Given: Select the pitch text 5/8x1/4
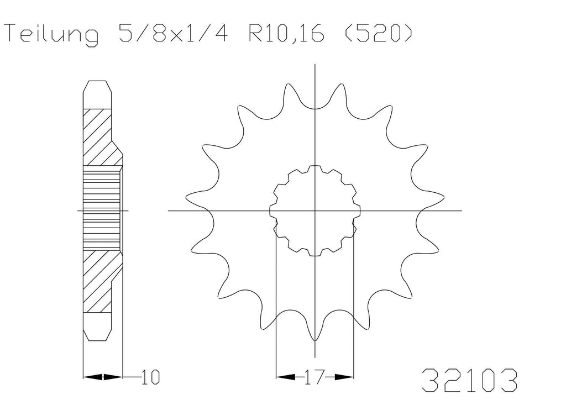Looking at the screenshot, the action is pos(173,33).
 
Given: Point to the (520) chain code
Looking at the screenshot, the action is pos(378,33).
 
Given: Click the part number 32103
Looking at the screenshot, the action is pos(469,381).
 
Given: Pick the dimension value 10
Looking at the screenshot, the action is pos(150,377).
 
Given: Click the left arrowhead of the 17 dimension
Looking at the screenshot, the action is pos(285,377).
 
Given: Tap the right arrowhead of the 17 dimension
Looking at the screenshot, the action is pos(344,377).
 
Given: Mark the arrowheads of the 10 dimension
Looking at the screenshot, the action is pos(103,377).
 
